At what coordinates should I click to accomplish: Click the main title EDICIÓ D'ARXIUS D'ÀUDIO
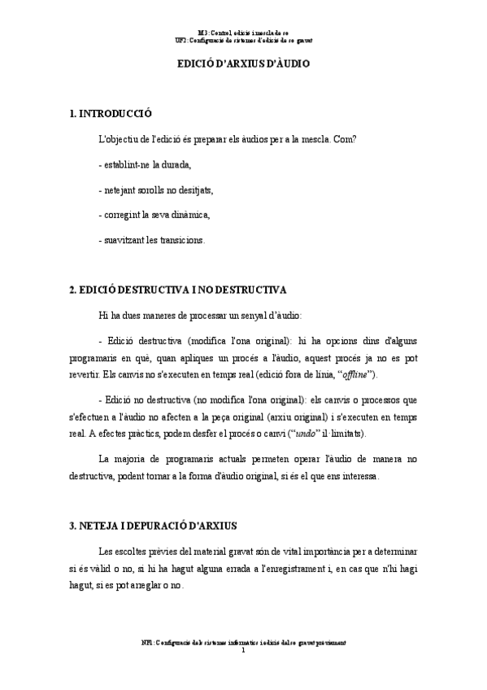[x=243, y=63]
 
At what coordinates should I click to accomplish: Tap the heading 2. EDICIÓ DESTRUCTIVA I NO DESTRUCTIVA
[x=177, y=289]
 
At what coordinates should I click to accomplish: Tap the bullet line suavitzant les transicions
[x=150, y=240]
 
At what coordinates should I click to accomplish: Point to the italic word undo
[x=306, y=433]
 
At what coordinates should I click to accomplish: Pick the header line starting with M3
[x=244, y=31]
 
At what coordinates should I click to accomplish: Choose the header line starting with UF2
[x=244, y=39]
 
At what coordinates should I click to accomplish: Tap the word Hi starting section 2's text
[x=102, y=314]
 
